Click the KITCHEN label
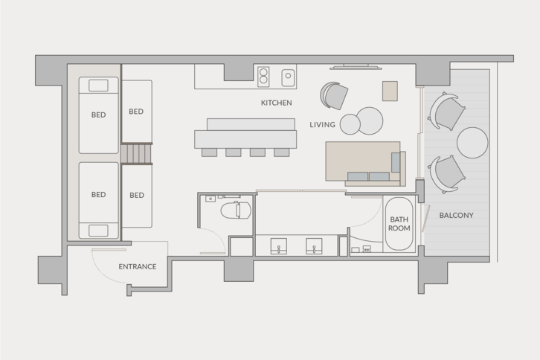tap(276, 103)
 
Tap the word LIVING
tap(322, 125)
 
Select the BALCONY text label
tap(456, 215)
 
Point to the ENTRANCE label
tap(138, 266)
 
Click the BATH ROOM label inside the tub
tap(399, 224)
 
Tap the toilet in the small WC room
tap(236, 210)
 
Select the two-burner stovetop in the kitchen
tap(263, 77)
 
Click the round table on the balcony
tap(472, 143)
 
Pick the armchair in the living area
tap(334, 95)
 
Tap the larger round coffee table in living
tap(370, 120)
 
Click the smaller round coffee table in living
tap(350, 124)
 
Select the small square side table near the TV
tap(390, 91)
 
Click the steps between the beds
tap(136, 154)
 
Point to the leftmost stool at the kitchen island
tap(210, 152)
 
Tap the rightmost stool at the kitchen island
tap(282, 152)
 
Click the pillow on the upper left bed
tap(98, 86)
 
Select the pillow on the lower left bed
tap(98, 231)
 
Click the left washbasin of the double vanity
tap(279, 246)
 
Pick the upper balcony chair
tap(447, 112)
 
